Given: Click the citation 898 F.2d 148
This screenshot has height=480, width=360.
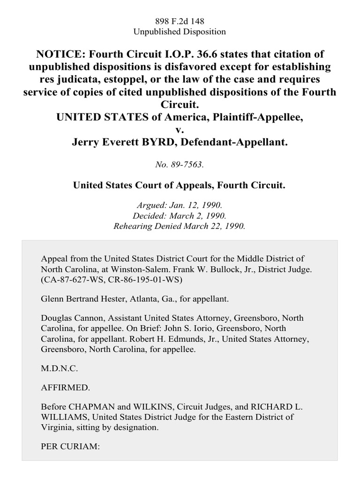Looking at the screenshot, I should (180, 21).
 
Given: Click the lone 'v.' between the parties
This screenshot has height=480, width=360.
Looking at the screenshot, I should (180, 128).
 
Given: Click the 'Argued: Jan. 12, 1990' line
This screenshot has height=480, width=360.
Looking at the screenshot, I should (180, 206).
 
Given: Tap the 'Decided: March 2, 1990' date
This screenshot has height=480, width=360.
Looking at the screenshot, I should (180, 216).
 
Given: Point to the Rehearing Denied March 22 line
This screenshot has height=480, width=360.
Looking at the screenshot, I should (180, 225).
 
